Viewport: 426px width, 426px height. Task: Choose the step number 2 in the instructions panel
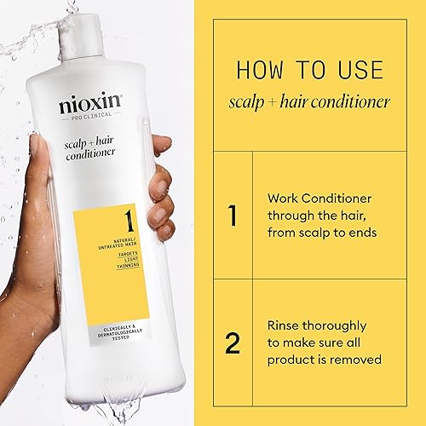coord(232,343)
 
